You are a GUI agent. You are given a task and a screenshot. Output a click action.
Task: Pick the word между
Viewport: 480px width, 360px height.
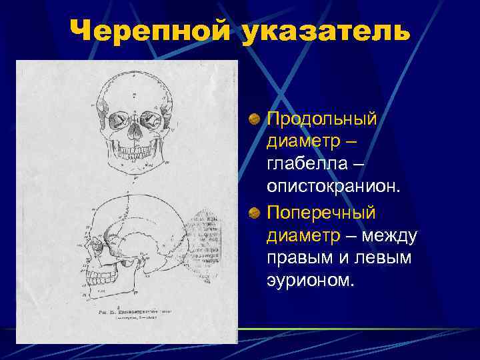391,235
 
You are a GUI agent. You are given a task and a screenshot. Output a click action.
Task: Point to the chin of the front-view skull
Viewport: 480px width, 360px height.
133,165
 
